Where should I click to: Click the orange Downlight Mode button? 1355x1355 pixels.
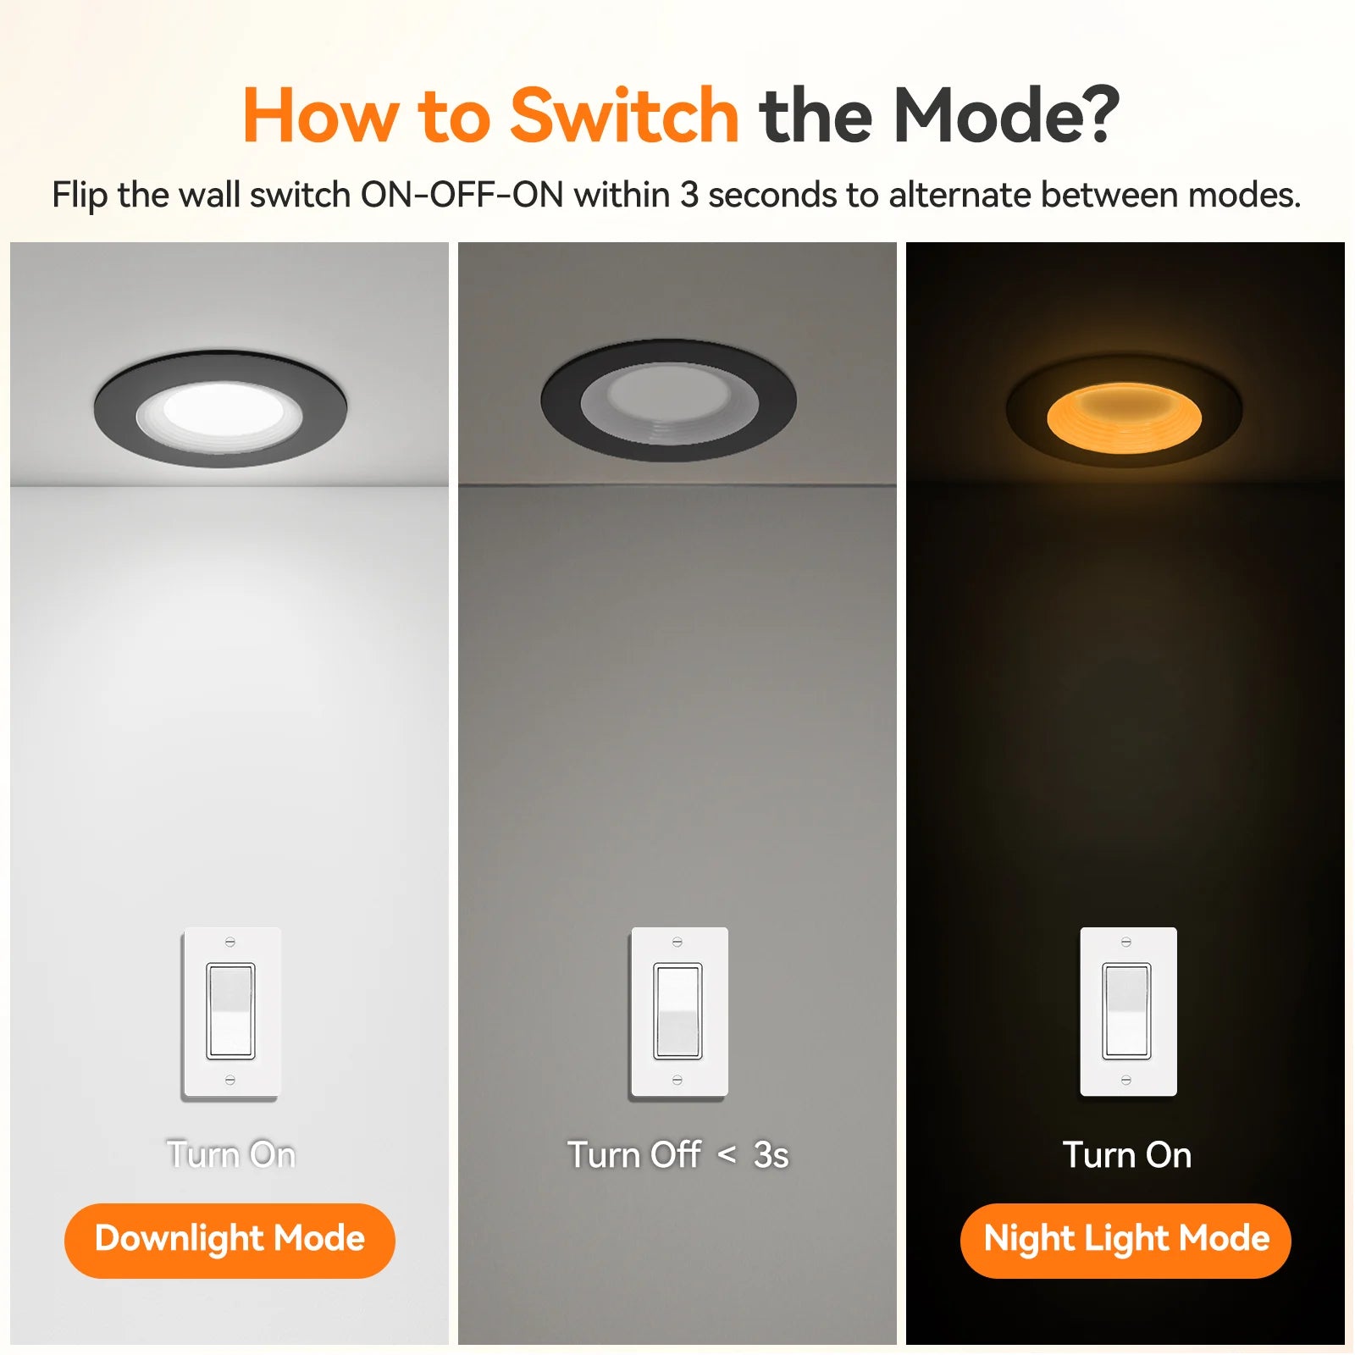(x=230, y=1240)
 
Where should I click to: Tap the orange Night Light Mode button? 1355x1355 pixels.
(x=1125, y=1240)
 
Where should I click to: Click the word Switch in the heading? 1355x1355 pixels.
(x=625, y=115)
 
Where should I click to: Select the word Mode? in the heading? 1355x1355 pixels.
(x=1007, y=115)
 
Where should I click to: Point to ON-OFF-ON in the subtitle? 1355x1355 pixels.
(x=462, y=195)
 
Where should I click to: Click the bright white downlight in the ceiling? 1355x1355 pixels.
(x=220, y=409)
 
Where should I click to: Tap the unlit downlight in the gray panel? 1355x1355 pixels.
(x=668, y=400)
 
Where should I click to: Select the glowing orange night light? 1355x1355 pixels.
(x=1124, y=412)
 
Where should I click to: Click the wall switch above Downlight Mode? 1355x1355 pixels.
(x=231, y=1013)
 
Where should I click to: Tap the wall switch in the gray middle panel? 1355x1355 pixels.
(x=678, y=1013)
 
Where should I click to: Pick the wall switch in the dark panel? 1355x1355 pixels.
(x=1128, y=1012)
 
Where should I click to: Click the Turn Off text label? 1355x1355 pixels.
(x=634, y=1155)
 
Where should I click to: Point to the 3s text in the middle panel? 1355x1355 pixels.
(x=772, y=1155)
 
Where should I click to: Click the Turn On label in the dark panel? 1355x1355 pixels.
(x=1127, y=1155)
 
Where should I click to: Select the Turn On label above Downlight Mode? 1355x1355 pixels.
(x=231, y=1155)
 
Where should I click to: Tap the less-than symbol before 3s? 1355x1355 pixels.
(x=727, y=1154)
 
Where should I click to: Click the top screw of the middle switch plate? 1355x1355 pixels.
(x=677, y=942)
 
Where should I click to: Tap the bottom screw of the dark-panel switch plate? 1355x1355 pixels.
(x=1125, y=1080)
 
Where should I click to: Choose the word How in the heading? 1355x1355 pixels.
(x=320, y=115)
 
